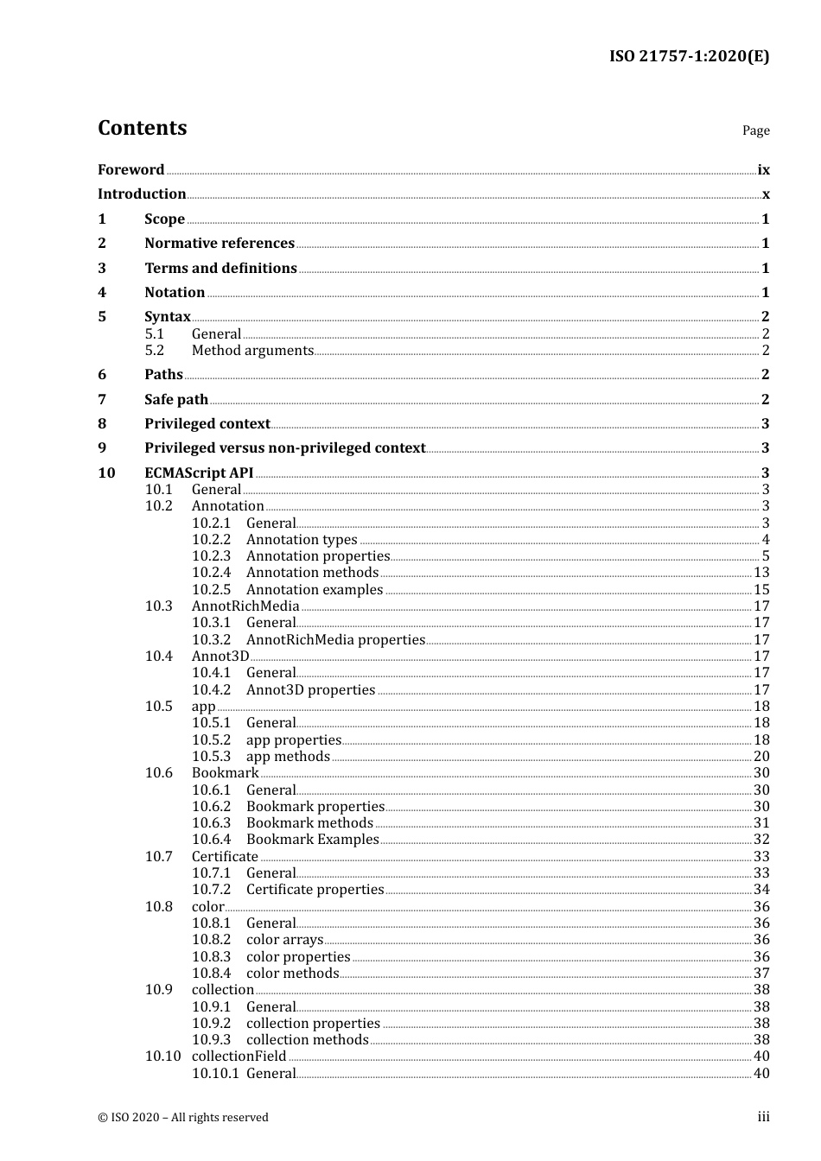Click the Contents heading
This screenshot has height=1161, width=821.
[142, 128]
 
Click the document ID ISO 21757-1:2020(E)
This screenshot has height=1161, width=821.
[689, 57]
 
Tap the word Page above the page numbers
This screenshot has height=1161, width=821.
[755, 130]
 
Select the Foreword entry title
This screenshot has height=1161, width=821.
[130, 170]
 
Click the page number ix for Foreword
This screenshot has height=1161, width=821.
[763, 170]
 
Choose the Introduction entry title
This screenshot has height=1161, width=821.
[142, 194]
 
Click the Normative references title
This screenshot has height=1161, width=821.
[220, 244]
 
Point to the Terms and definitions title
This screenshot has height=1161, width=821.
[220, 269]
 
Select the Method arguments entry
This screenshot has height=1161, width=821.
[252, 351]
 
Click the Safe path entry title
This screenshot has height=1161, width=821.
[176, 400]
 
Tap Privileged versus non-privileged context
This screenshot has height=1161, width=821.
[284, 448]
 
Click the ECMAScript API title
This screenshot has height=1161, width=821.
[199, 473]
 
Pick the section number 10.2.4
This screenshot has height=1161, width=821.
[211, 573]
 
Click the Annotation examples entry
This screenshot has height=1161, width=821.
[315, 590]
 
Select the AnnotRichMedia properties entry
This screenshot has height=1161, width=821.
[335, 640]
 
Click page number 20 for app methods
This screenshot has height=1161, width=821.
[761, 757]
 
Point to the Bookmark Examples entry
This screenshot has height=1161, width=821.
[312, 840]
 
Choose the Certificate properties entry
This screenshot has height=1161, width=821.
[315, 890]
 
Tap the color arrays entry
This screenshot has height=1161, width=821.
[284, 940]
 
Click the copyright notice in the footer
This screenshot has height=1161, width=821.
[183, 1118]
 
